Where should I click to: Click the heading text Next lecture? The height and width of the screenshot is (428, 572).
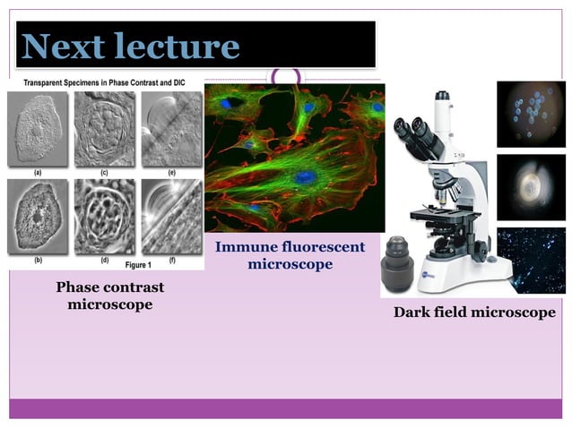(x=131, y=46)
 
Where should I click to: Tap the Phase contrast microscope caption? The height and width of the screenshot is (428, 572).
(x=110, y=296)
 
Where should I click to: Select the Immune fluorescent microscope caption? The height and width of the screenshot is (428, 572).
(x=290, y=255)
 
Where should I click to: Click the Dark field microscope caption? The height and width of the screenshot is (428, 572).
(x=474, y=312)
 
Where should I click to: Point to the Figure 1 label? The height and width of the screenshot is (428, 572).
(x=137, y=265)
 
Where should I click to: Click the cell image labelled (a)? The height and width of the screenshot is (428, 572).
(x=37, y=129)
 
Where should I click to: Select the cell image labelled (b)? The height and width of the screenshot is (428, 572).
(x=37, y=217)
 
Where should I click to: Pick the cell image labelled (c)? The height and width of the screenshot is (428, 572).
(x=104, y=129)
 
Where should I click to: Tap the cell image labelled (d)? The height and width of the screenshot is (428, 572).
(x=104, y=217)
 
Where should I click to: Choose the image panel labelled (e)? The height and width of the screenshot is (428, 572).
(x=171, y=129)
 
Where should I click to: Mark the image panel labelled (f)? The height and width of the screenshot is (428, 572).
(x=171, y=217)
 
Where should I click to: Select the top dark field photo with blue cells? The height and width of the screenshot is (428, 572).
(x=531, y=114)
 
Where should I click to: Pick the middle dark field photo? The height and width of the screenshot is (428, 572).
(x=531, y=187)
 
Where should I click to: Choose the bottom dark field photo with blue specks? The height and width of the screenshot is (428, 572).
(x=531, y=261)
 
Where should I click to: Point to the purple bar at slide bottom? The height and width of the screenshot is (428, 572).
(x=286, y=408)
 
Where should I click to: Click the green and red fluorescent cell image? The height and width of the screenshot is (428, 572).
(x=294, y=158)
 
